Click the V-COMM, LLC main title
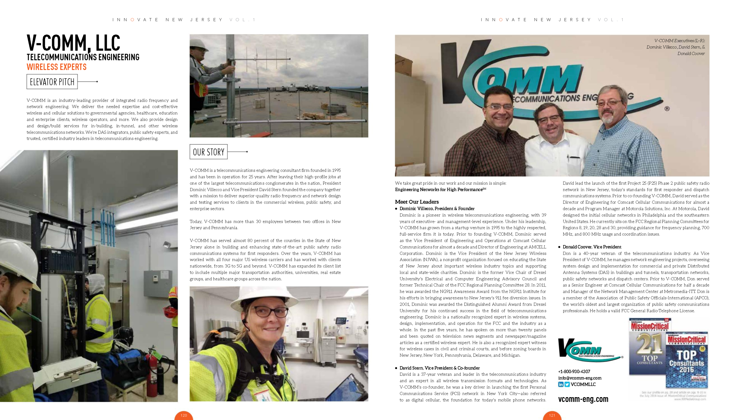73,43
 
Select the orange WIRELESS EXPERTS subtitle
57,67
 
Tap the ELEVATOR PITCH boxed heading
52,82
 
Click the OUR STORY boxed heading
209,152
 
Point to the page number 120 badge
184,415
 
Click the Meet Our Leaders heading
417,202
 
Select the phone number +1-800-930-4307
574,371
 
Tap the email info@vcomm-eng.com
580,378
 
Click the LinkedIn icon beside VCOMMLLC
561,384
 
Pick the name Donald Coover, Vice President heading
592,247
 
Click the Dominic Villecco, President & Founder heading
437,209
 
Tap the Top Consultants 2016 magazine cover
687,361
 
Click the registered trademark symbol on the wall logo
667,109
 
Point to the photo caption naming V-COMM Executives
676,47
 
